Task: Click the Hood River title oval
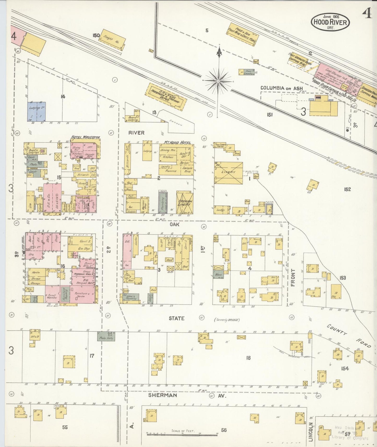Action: pos(330,22)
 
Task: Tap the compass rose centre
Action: pos(218,81)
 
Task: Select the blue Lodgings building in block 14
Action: pos(37,112)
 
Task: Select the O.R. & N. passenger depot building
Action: pos(167,96)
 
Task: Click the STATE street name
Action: pos(176,318)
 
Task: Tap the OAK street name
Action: pos(175,224)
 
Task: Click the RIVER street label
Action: pos(136,133)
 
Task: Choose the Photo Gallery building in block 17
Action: pos(106,336)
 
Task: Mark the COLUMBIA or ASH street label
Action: pos(282,88)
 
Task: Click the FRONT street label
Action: pos(292,278)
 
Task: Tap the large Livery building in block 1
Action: pos(229,173)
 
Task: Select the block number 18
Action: pos(248,358)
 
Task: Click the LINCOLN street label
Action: pos(310,432)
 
